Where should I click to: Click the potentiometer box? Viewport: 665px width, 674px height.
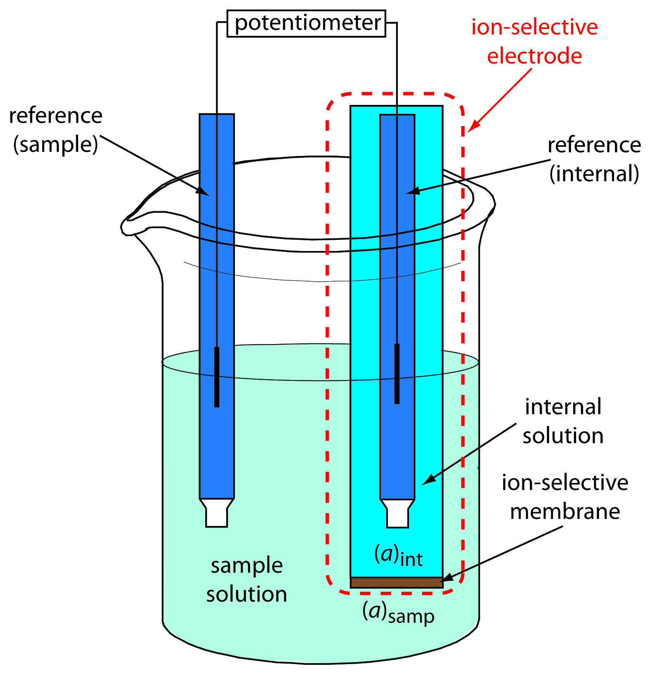click(306, 24)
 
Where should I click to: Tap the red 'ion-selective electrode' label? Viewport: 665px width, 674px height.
click(534, 41)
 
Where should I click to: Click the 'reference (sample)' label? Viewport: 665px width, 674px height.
click(56, 129)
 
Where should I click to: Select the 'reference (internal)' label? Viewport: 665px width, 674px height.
click(594, 159)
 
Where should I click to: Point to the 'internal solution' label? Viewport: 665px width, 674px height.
click(563, 421)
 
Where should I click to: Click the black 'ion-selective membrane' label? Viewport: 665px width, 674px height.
click(565, 497)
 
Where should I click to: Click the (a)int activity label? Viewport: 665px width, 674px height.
click(398, 555)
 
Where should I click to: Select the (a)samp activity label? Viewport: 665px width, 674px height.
click(398, 612)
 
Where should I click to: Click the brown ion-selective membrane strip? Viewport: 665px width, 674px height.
click(397, 582)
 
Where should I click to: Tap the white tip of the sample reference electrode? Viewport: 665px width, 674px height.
click(217, 514)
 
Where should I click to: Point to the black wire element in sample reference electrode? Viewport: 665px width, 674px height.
click(217, 377)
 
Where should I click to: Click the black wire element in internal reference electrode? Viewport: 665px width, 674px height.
click(397, 373)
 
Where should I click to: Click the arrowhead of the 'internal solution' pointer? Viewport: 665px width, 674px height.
click(428, 480)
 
